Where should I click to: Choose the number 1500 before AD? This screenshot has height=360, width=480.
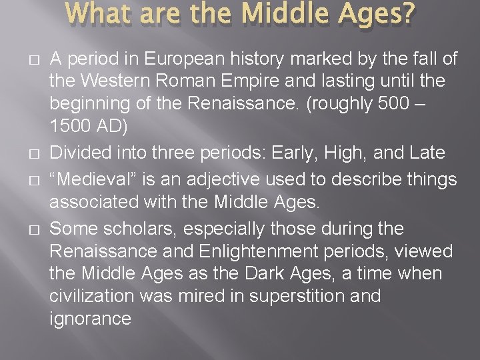tap(69, 127)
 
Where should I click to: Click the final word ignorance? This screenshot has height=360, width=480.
tap(90, 318)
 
